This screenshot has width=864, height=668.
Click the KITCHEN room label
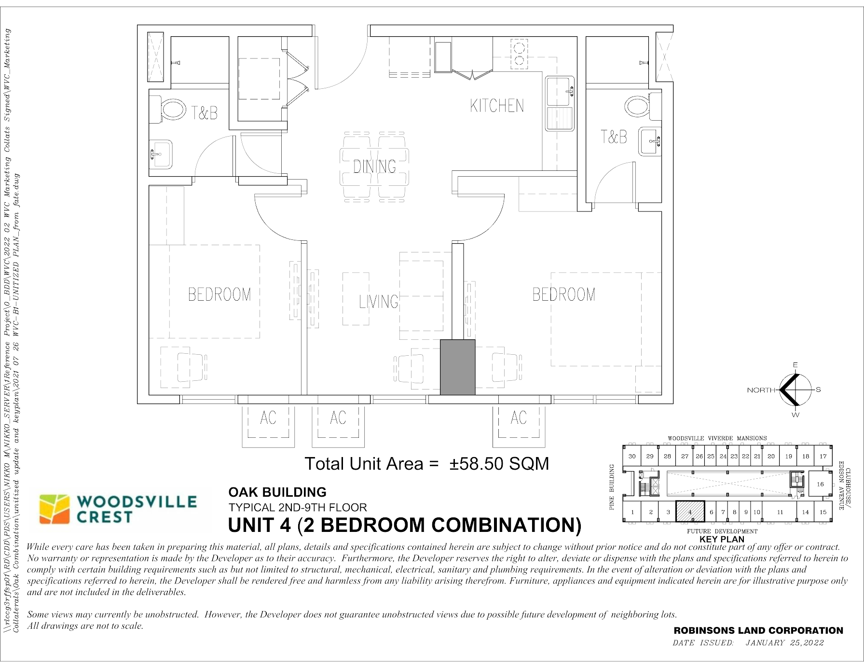click(x=497, y=106)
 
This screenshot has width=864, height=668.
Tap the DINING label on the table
click(x=375, y=167)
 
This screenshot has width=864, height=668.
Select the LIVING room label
click(x=379, y=302)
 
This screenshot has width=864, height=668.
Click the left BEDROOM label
click(x=219, y=294)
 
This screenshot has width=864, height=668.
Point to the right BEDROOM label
click(x=564, y=294)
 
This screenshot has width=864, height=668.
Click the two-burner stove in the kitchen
click(x=519, y=54)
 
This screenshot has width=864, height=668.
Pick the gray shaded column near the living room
click(x=458, y=367)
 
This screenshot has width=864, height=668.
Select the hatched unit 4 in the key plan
click(x=690, y=512)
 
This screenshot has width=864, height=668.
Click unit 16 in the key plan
click(x=820, y=484)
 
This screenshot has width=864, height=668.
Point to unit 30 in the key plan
click(x=632, y=456)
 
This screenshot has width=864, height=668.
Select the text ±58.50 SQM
click(x=499, y=464)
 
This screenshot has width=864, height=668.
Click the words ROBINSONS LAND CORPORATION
click(x=758, y=630)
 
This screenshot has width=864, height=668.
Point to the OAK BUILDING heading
click(x=277, y=492)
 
